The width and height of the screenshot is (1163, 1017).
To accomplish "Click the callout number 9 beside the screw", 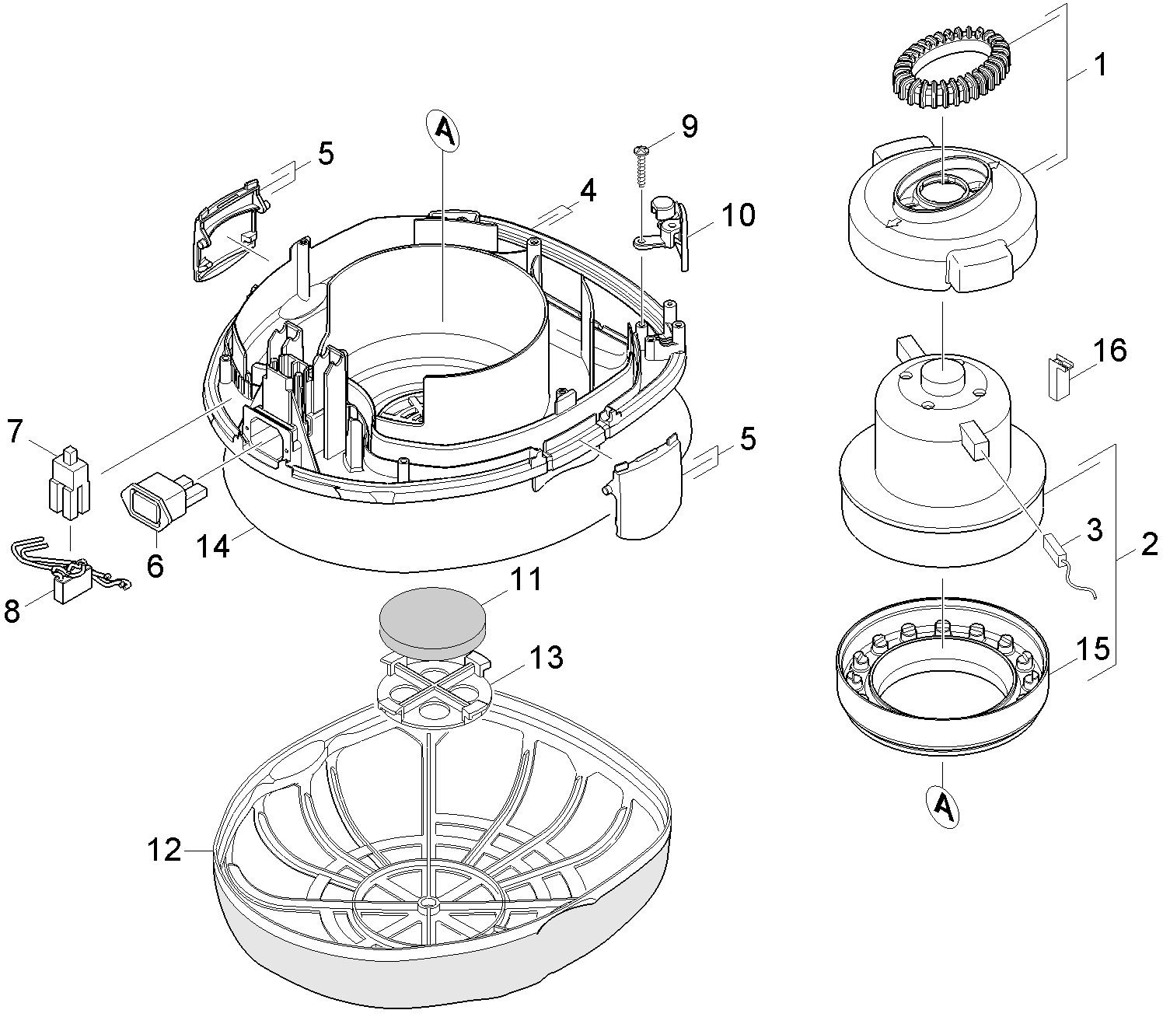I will click(x=689, y=127).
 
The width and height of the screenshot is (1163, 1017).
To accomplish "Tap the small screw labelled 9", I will click(x=642, y=164).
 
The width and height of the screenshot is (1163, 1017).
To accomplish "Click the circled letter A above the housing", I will click(x=443, y=131).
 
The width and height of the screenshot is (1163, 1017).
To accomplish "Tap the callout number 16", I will click(x=1112, y=351).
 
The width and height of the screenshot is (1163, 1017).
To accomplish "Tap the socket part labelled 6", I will click(x=155, y=503).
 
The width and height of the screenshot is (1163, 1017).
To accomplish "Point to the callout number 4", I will click(x=588, y=190).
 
